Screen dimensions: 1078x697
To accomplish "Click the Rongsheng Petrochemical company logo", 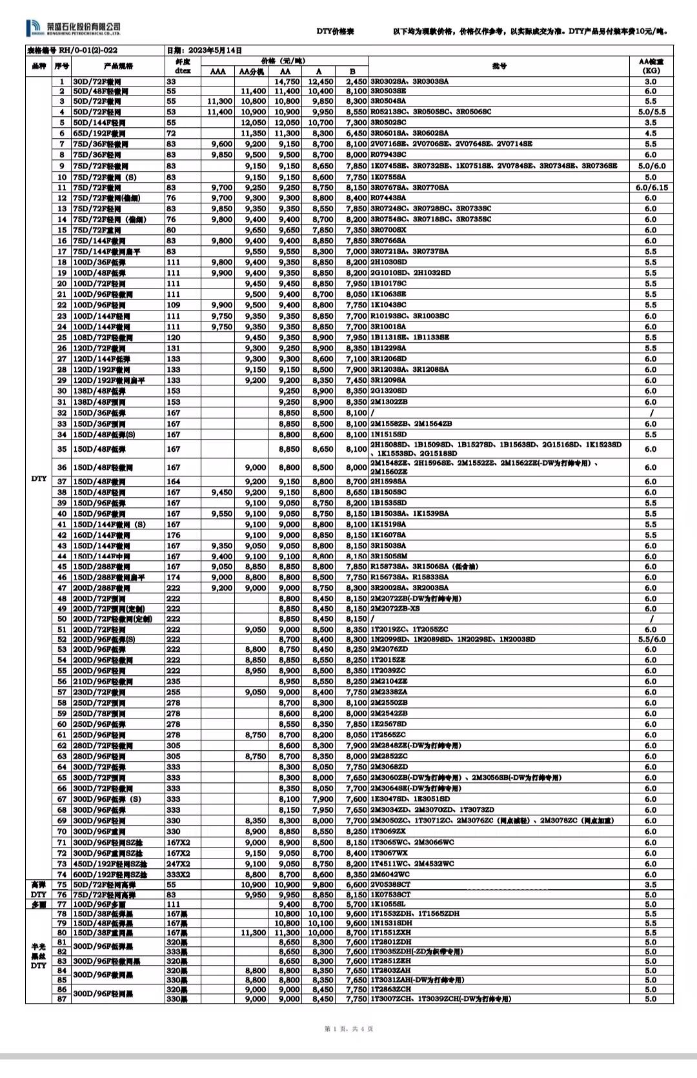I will (73, 28).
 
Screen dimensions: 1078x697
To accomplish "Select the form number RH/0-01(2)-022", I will (72, 50).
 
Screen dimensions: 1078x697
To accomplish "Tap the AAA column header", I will (218, 72).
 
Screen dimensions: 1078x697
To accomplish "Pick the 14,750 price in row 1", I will (287, 82).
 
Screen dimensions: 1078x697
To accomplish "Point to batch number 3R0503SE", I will (389, 92).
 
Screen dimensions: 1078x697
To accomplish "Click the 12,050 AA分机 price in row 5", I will (254, 123).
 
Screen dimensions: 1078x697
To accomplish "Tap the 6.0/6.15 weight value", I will (651, 188).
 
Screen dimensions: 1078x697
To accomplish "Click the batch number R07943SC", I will (389, 155).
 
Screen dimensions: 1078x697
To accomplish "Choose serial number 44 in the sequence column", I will (62, 556).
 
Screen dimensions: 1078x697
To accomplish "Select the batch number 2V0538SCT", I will (390, 885).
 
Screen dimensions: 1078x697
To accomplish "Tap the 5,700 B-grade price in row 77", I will (356, 904).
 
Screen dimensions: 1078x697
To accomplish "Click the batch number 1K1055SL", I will (389, 904).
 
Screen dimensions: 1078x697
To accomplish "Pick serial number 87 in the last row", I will (62, 999).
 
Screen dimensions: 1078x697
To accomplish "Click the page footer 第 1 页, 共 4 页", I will (348, 1029).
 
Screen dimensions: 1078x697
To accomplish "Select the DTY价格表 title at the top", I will (335, 32).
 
